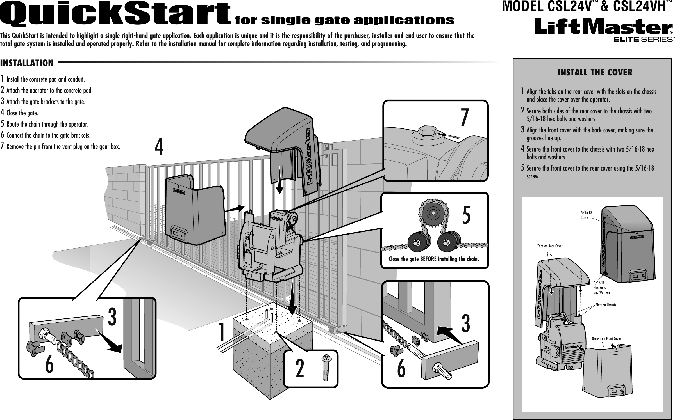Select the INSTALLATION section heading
[x=27, y=63]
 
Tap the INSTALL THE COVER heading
[x=595, y=73]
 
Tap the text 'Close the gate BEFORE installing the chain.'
[x=433, y=259]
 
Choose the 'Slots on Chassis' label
[x=605, y=305]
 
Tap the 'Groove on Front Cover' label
[x=606, y=339]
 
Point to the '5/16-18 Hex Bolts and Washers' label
[x=601, y=288]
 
